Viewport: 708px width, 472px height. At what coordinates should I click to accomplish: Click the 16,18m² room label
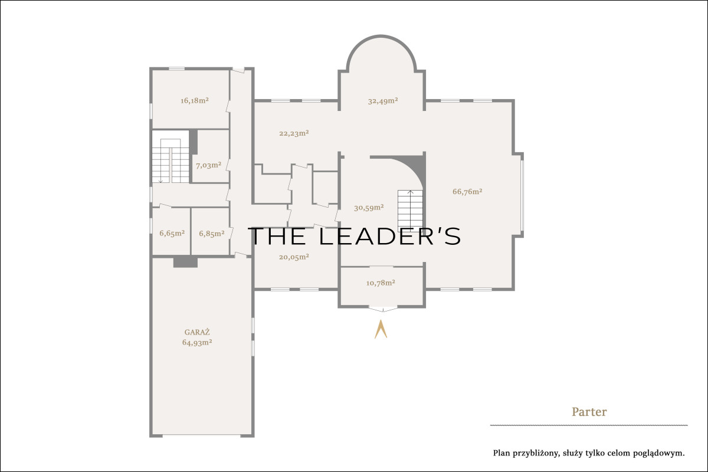(x=194, y=100)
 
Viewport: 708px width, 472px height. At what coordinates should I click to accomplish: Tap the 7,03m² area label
(x=209, y=165)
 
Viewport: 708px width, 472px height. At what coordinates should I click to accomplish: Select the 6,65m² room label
(x=172, y=233)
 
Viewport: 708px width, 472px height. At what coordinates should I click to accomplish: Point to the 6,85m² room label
(x=212, y=234)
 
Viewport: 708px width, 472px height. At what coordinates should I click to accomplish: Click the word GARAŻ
(x=197, y=332)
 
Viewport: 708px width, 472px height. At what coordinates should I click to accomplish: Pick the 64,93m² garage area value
(x=197, y=342)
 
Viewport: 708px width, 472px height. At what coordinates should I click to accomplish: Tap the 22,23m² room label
(x=294, y=133)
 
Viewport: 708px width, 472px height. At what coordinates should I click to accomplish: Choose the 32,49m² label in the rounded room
(x=383, y=101)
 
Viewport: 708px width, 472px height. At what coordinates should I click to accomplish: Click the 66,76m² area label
(x=467, y=191)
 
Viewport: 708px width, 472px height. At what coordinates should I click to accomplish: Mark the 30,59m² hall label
(x=369, y=208)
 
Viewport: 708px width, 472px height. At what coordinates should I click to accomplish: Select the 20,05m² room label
(x=294, y=257)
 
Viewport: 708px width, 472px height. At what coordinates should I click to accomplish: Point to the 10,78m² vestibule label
(x=381, y=283)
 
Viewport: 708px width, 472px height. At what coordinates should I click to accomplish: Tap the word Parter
(x=589, y=412)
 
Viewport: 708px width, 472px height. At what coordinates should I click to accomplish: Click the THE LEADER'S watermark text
(x=355, y=236)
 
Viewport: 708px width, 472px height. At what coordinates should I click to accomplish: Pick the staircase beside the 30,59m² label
(x=410, y=211)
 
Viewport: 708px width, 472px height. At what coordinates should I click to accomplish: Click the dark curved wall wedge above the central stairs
(x=408, y=168)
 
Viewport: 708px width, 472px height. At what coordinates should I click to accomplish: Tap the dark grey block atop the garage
(x=185, y=263)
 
